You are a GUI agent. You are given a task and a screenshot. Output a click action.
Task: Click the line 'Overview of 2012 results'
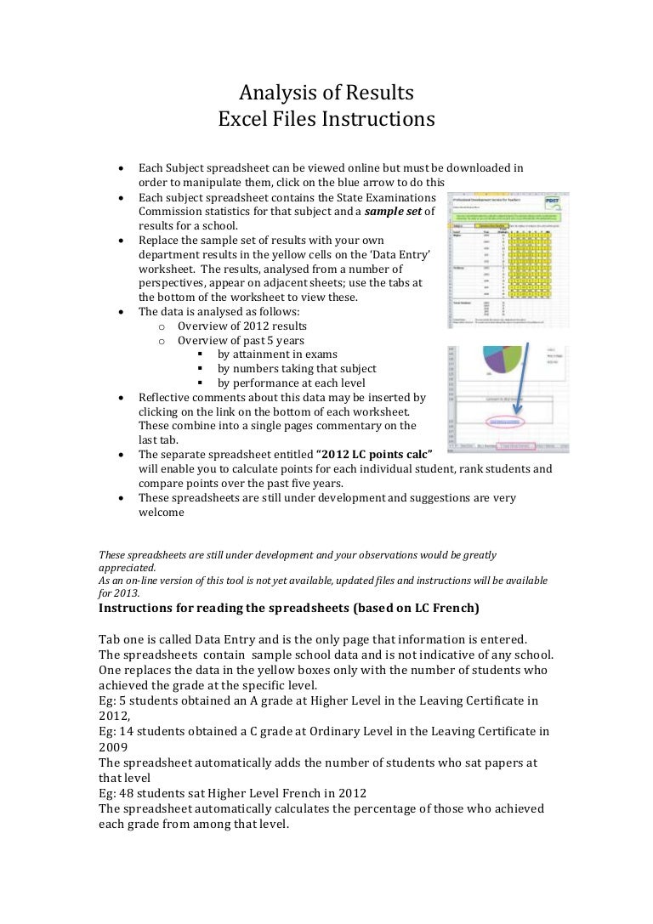pyautogui.click(x=242, y=326)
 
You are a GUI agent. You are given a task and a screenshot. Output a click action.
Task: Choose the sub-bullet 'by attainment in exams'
pyautogui.click(x=277, y=354)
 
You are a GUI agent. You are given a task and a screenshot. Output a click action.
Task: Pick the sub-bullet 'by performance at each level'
pyautogui.click(x=291, y=383)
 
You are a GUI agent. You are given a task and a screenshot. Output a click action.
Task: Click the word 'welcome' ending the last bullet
pyautogui.click(x=161, y=513)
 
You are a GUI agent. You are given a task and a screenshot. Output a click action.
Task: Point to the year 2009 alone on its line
pyautogui.click(x=113, y=747)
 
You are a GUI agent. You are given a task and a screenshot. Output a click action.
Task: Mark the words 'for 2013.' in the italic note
pyautogui.click(x=119, y=593)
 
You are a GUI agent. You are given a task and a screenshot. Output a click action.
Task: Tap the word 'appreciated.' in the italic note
pyautogui.click(x=128, y=567)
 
